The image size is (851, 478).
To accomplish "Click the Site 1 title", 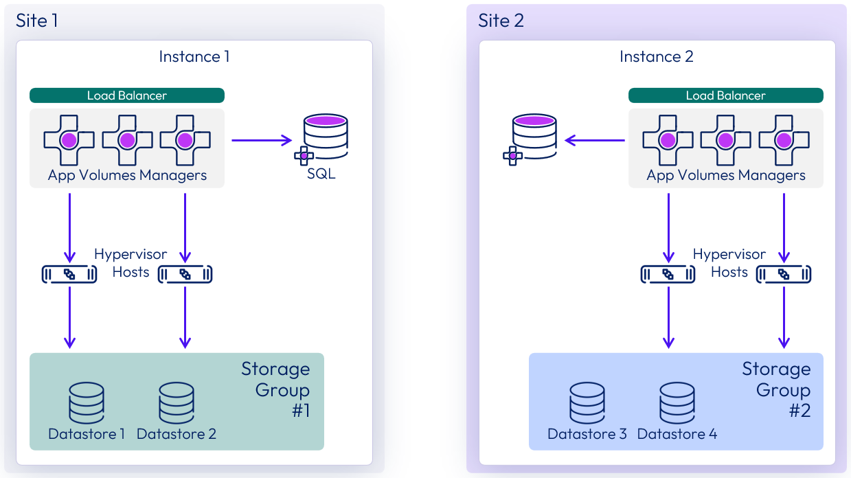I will point(37,21).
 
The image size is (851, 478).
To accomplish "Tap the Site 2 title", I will point(501,21).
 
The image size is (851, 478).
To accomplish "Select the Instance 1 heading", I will point(194,56).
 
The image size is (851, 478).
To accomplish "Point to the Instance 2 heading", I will point(657,56).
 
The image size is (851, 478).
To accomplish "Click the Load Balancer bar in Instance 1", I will point(127,95).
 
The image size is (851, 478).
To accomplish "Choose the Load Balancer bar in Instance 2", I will point(726,95).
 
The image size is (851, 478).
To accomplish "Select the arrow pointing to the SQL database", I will point(262,141).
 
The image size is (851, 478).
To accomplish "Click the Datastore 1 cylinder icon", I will point(87,403).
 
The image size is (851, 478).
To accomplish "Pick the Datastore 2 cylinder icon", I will point(177,403).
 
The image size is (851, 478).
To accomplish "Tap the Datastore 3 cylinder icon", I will point(587,403).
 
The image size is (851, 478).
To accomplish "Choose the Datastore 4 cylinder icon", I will point(677,403).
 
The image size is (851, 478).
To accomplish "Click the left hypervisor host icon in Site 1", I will point(69,274).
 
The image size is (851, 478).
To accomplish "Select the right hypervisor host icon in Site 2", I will point(784,274).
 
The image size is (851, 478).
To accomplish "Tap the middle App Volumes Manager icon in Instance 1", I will point(127,141).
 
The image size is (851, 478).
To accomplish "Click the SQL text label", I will point(321,174).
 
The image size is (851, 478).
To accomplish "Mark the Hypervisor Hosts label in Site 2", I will point(729,263).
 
